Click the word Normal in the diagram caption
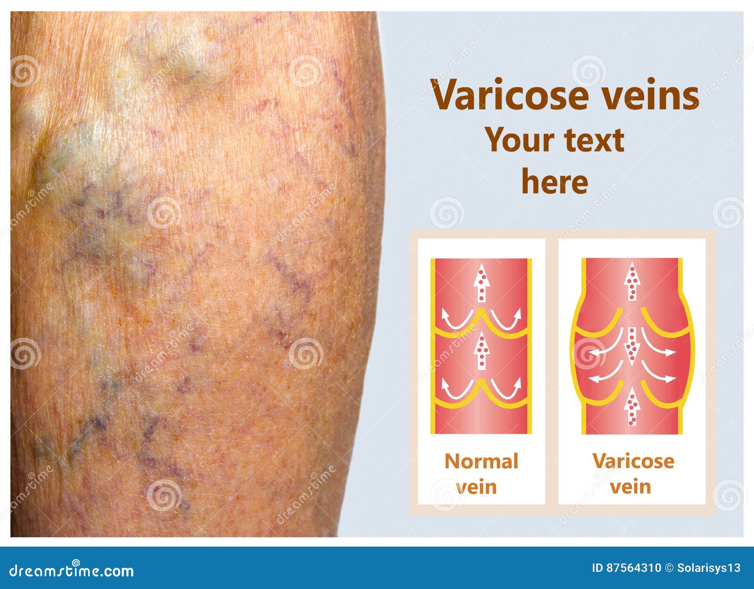[x=481, y=461]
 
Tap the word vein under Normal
[x=476, y=486]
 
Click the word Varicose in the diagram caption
[x=633, y=461]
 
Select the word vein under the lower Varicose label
[x=631, y=486]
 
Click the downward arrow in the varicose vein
[x=631, y=346]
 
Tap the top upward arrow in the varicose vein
[x=631, y=281]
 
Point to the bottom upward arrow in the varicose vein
[x=631, y=407]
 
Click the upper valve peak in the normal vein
[x=481, y=312]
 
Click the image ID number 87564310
[x=627, y=568]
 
